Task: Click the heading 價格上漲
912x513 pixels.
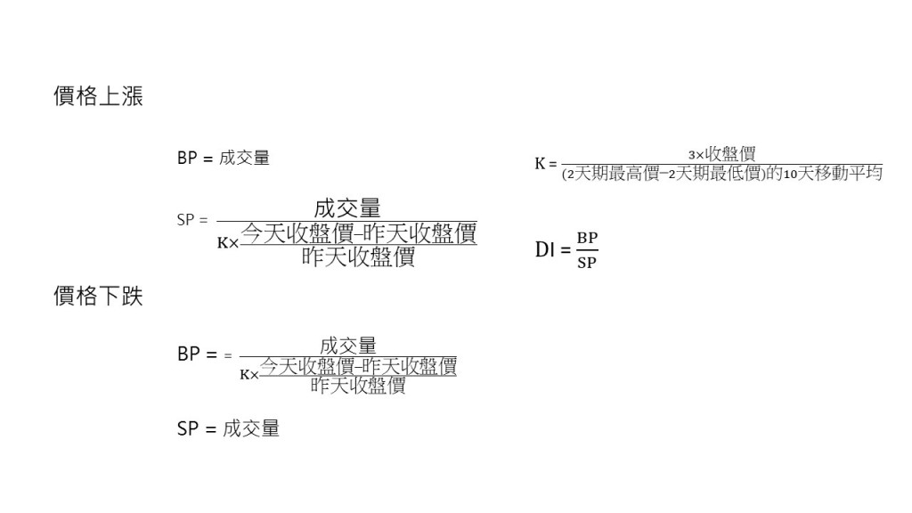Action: coord(98,97)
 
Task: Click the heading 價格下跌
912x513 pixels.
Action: coord(98,297)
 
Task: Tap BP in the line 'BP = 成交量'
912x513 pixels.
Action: coord(188,159)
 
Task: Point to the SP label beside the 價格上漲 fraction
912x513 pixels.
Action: coord(186,219)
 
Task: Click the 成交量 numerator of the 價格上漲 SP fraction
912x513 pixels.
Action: coord(347,209)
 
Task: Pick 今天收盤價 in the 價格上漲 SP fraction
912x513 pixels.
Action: coord(287,233)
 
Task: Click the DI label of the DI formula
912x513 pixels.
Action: coord(545,250)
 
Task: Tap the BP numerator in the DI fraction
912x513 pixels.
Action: coord(587,239)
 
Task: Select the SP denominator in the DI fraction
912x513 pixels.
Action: coord(587,263)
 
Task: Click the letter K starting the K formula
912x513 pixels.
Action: coord(540,164)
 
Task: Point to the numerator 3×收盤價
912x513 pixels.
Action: coord(721,153)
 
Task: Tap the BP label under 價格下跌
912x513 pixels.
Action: coord(188,354)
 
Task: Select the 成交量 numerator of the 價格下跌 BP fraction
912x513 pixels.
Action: coord(348,346)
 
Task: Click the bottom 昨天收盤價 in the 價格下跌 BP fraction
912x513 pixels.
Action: coord(359,386)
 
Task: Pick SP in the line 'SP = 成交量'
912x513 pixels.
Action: coord(188,428)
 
